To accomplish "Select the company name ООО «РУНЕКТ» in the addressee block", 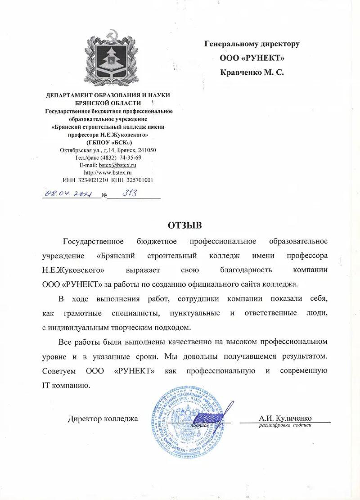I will click(x=252, y=58).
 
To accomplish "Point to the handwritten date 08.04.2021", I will click(x=67, y=194).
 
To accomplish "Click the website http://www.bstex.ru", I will click(x=108, y=172).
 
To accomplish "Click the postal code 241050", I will click(x=147, y=150).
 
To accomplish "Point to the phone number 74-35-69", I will click(x=130, y=158).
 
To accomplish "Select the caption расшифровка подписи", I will click(x=285, y=425).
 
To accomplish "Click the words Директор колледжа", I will click(x=103, y=419).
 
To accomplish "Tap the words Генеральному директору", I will click(x=252, y=44).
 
